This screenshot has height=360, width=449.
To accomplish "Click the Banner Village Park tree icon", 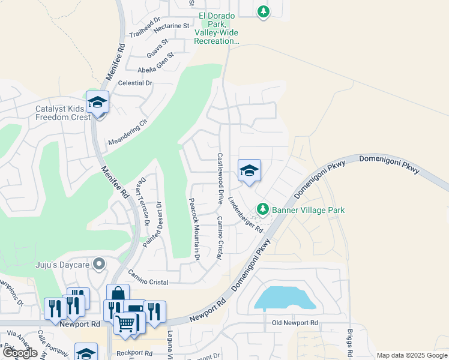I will click(x=262, y=209).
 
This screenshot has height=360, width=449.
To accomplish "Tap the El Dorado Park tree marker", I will click(x=263, y=11).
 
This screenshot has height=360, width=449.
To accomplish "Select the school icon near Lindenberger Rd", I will click(x=249, y=171).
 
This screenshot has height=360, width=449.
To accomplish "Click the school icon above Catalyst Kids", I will click(x=97, y=103).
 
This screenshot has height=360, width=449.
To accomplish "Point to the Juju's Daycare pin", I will click(x=99, y=264).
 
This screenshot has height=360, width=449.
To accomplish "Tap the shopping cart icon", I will click(x=125, y=324).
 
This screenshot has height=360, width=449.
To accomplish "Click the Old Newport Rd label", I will click(x=294, y=323).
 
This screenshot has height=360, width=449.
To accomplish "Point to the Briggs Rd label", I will click(x=349, y=342).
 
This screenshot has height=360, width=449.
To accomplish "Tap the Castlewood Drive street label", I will click(x=220, y=176).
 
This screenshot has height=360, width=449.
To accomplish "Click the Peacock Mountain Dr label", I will click(x=194, y=229).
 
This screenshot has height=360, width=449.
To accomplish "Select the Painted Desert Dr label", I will click(x=152, y=224).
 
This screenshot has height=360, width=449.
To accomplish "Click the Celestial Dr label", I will click(x=136, y=83).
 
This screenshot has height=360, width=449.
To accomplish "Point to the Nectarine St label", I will click(x=171, y=28).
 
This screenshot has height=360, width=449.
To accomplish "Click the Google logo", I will click(x=20, y=353).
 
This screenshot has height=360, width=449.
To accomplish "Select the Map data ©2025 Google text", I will click(x=411, y=355).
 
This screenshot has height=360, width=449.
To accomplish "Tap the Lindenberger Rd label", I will click(x=246, y=213).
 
